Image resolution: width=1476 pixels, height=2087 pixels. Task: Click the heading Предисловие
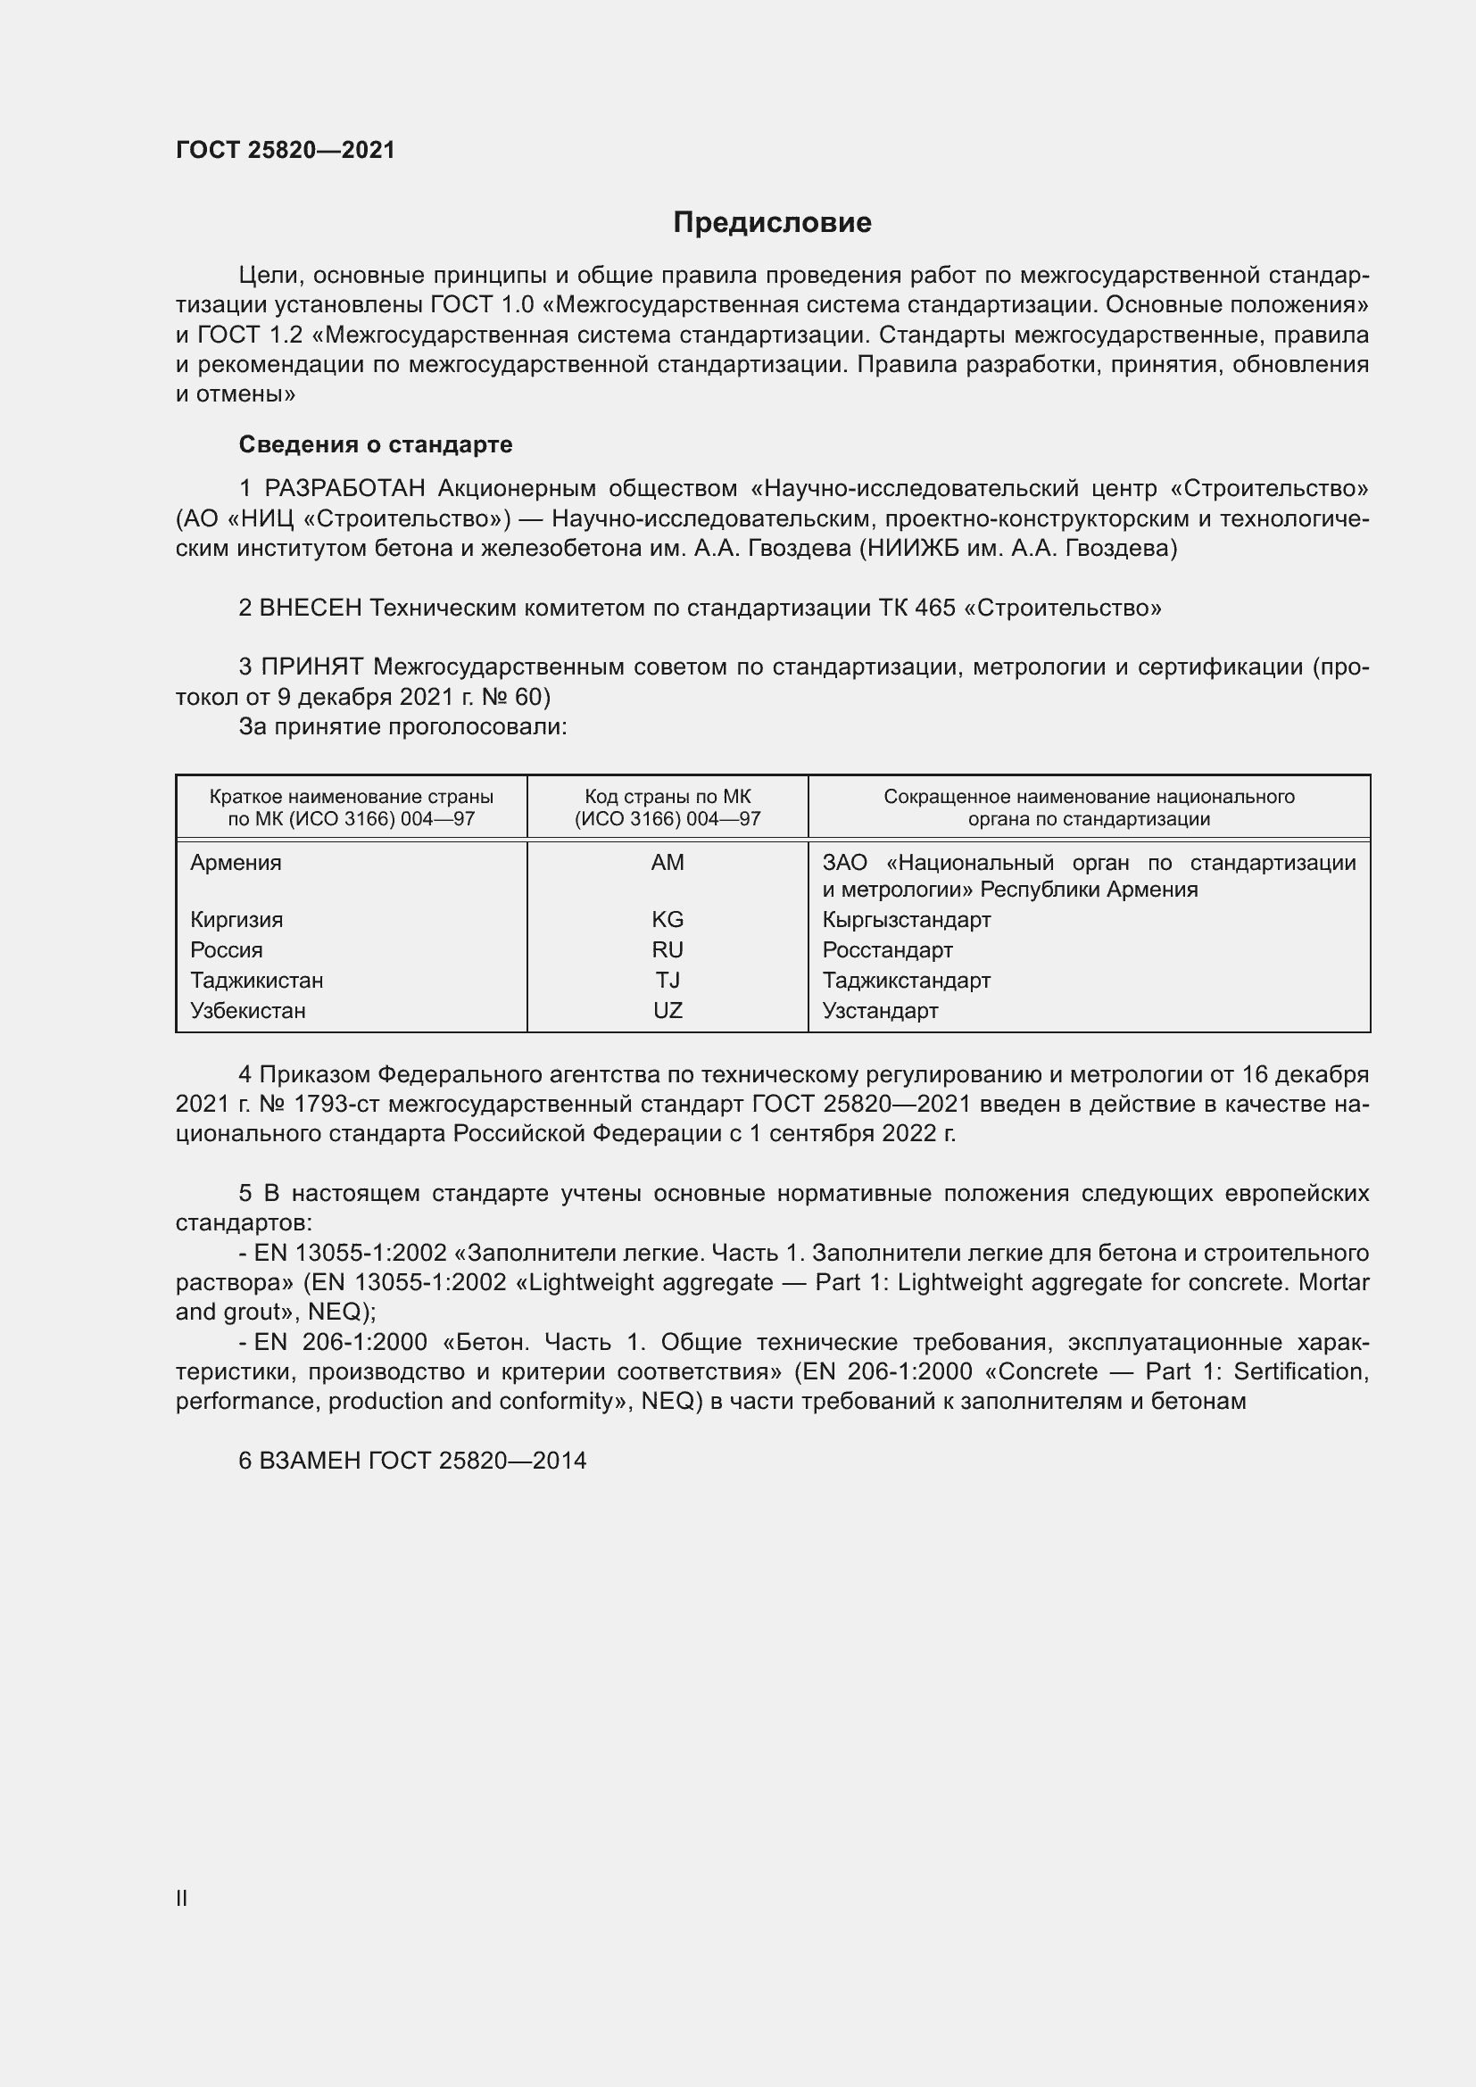[772, 223]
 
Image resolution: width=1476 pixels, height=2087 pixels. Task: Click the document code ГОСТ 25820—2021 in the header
[286, 150]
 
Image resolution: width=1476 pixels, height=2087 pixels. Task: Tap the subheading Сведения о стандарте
[376, 444]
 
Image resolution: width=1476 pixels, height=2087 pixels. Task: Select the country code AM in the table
[668, 863]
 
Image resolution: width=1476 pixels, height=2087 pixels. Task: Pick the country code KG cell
[668, 919]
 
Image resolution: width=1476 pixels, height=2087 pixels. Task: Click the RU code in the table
[668, 950]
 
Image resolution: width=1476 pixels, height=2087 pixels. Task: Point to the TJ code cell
[668, 980]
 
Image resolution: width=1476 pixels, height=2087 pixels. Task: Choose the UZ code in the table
[668, 1010]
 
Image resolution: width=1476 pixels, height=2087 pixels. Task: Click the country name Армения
[236, 863]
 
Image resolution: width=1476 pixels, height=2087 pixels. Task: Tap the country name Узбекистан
[247, 1010]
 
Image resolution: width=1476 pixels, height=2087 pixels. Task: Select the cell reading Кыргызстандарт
[906, 919]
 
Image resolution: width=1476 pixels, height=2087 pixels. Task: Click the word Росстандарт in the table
[887, 950]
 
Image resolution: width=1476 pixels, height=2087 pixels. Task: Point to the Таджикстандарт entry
[906, 980]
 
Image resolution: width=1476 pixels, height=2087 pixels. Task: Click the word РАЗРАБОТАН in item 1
[344, 489]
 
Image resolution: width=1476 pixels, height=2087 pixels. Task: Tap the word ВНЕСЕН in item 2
[310, 608]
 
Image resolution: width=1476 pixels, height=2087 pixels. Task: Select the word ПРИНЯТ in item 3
[311, 667]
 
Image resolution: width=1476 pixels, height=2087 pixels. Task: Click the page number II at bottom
[182, 1898]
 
